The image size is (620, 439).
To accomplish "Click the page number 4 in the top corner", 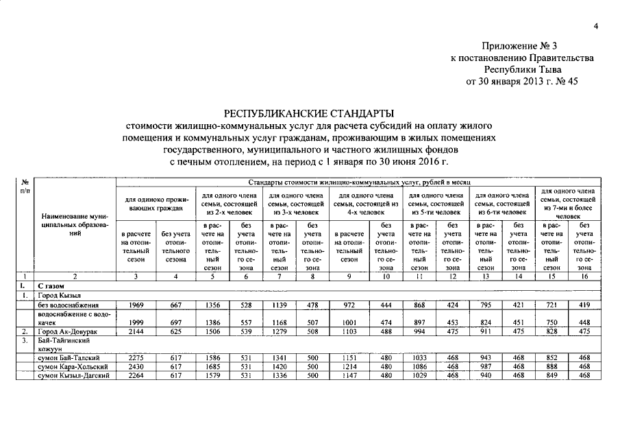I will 595,27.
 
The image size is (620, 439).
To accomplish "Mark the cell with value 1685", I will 212,367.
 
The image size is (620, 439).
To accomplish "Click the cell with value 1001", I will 349,322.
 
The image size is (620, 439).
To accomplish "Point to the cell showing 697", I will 176,322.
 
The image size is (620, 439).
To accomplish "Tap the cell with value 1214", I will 349,367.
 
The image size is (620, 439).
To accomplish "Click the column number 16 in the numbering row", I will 584,276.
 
